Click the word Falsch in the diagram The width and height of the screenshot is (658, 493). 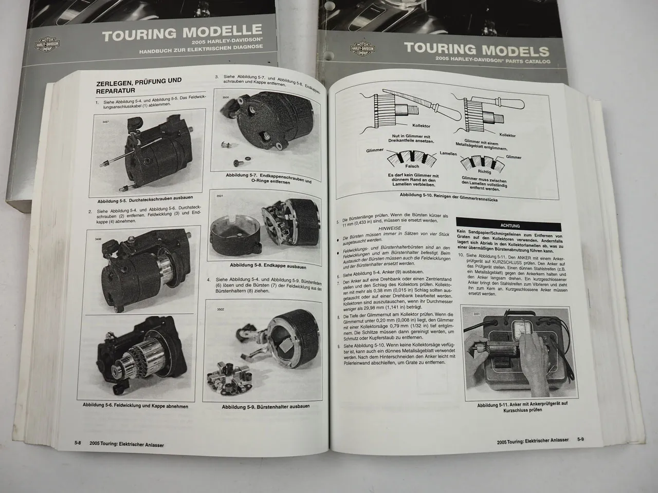(x=412, y=166)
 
